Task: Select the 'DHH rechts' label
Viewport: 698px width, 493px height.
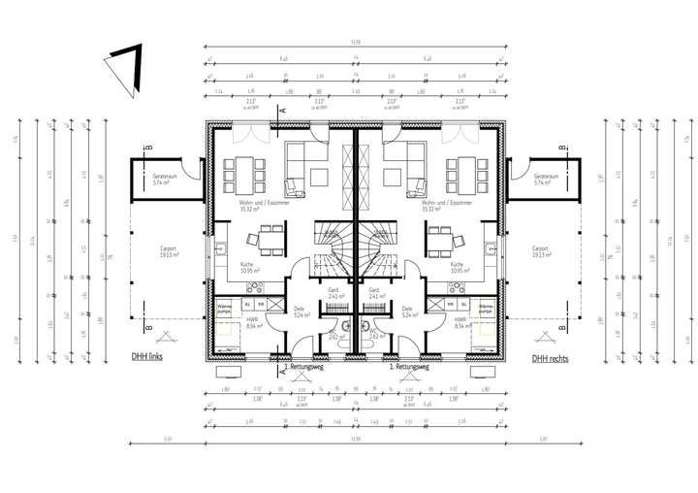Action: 550,357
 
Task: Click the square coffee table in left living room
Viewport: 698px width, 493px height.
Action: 319,176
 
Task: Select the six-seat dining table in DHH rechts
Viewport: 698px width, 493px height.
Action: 465,175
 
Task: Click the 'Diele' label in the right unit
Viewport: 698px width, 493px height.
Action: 406,312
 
